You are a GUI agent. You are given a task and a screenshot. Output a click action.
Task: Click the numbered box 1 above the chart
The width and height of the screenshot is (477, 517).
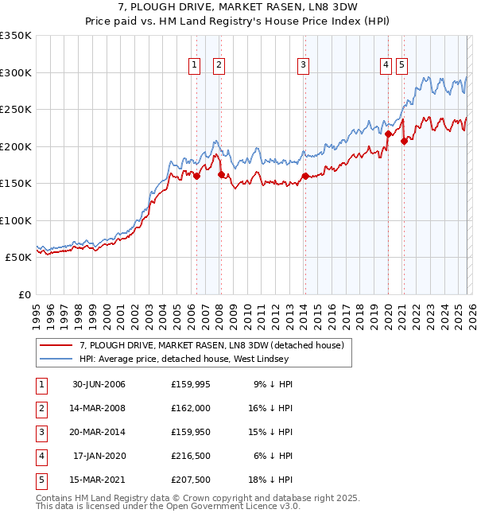pyautogui.click(x=194, y=66)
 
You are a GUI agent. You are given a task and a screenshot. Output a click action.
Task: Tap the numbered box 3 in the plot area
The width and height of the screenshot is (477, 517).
pyautogui.click(x=303, y=66)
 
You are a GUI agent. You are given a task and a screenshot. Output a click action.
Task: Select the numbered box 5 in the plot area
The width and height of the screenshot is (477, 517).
pyautogui.click(x=401, y=66)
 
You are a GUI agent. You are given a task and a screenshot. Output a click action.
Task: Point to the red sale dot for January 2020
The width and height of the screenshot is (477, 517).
pyautogui.click(x=388, y=134)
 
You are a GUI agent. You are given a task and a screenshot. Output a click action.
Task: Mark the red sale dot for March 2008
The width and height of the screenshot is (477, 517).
pyautogui.click(x=220, y=175)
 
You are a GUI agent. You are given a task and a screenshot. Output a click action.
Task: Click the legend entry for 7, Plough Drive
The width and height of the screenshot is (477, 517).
pyautogui.click(x=211, y=345)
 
